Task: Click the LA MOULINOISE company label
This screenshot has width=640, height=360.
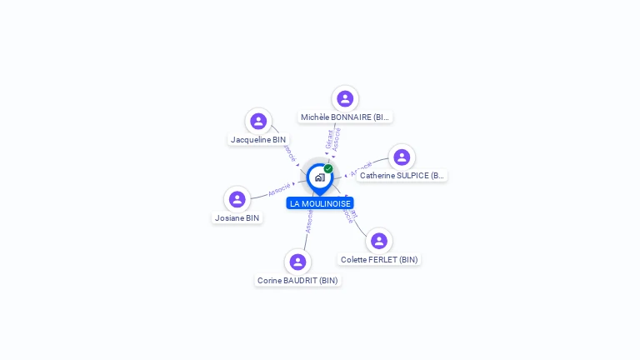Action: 320,203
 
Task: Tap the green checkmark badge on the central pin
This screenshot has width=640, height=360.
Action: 328,169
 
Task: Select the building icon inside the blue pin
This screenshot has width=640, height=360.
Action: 319,177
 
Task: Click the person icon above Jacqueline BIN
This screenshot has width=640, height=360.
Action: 258,121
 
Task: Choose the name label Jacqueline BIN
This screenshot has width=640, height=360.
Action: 258,140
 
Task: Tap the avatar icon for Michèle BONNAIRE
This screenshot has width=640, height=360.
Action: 345,98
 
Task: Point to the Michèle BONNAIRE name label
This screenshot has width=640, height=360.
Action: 345,117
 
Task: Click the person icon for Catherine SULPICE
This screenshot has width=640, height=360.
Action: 402,157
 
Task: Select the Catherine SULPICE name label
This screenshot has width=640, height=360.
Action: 402,176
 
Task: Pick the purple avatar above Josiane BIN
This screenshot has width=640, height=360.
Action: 237,199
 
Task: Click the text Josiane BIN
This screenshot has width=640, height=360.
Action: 237,218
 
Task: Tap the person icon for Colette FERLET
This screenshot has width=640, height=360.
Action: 379,241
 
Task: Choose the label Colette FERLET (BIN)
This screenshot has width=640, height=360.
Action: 379,260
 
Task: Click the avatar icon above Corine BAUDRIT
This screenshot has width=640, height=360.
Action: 297,262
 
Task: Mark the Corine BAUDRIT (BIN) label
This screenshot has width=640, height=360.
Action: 297,281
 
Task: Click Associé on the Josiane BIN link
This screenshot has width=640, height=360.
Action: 279,189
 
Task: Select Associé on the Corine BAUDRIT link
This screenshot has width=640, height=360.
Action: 309,221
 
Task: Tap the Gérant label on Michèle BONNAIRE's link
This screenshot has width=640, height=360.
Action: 330,138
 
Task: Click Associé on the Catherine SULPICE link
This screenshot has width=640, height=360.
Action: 361,167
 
